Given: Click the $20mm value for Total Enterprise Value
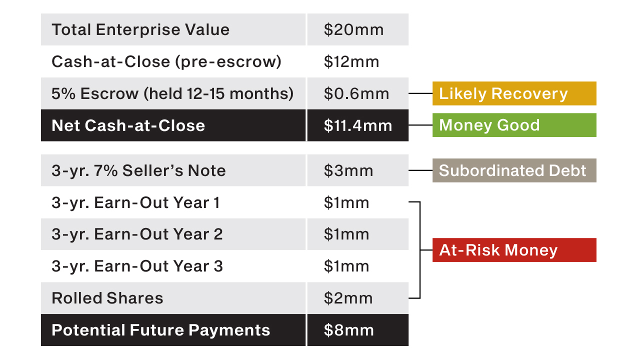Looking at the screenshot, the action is pos(353,29).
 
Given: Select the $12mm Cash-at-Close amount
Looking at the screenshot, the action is pos(351,61).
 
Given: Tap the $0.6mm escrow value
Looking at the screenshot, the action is pos(356,93).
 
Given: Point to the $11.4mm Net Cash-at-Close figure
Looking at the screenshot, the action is pos(357,125).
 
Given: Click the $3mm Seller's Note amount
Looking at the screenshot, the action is pos(348,171).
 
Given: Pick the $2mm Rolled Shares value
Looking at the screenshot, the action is pos(348,298).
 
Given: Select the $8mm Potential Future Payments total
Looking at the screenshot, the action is pos(349,330).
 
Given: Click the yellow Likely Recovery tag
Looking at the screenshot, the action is pos(514,93).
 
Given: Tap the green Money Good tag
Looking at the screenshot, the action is pos(514,125).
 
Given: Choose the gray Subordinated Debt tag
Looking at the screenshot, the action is pos(514,170).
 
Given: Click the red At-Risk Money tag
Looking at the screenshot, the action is pos(514,250).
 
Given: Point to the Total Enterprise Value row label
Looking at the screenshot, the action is pos(140,29).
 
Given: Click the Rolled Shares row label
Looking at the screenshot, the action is pos(107,298).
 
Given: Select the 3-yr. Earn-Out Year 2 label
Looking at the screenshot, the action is pos(137,234).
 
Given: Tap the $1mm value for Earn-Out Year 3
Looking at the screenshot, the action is pos(346,266).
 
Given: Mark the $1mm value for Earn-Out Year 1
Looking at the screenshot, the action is pos(346,203).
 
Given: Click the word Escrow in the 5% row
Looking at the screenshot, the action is pos(109,93).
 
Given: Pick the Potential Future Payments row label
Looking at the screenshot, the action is pos(161,330).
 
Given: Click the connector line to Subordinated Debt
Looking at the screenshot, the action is pos(420,170).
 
